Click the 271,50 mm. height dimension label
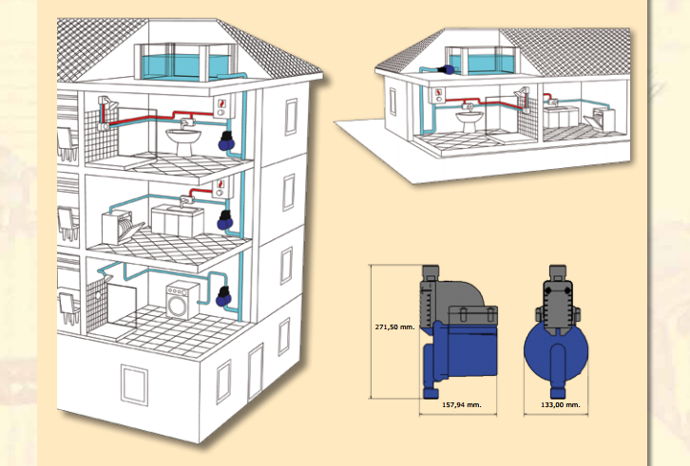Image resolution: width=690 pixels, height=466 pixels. (x=394, y=327)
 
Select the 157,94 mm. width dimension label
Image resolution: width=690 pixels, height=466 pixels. (x=462, y=405)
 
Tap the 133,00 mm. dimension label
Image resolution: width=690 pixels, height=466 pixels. (x=561, y=405)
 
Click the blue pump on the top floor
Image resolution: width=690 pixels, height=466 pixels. (x=226, y=140)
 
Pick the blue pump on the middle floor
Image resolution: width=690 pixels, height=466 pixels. (x=225, y=220)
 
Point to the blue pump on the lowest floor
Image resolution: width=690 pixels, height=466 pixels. (x=224, y=296)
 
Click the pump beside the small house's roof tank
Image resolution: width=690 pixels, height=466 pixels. (x=446, y=69)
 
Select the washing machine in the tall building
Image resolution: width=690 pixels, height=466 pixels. (x=182, y=300)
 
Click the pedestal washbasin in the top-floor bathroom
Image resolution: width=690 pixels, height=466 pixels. (x=183, y=138)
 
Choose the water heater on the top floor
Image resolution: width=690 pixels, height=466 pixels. (x=221, y=107)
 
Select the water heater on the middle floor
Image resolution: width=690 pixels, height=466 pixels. (x=220, y=187)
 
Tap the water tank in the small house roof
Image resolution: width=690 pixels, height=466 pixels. (x=481, y=60)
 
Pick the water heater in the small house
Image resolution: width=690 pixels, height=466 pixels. (x=438, y=95)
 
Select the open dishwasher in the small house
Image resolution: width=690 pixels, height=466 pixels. (x=599, y=119)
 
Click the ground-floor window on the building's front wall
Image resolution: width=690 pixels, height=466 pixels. (x=134, y=384)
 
